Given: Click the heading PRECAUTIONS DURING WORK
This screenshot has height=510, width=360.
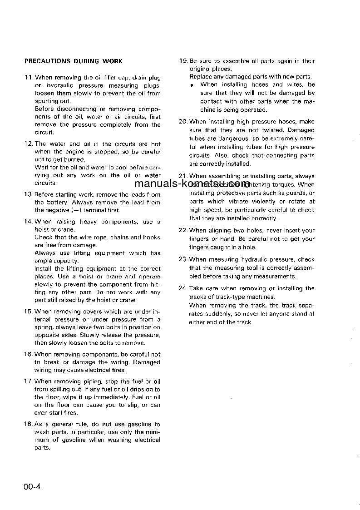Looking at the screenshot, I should click(73, 61).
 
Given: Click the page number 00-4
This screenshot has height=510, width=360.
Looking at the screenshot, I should click(33, 487).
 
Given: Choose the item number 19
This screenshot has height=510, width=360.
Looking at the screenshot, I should click(183, 61).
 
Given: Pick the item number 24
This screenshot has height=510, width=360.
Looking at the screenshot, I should click(183, 288).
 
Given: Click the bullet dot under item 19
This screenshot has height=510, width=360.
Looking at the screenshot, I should click(192, 85).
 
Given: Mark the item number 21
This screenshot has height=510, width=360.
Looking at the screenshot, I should click(183, 176).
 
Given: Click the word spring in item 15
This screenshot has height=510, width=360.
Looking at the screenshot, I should click(43, 327).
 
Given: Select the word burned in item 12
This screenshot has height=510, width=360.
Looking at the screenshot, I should click(74, 160).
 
